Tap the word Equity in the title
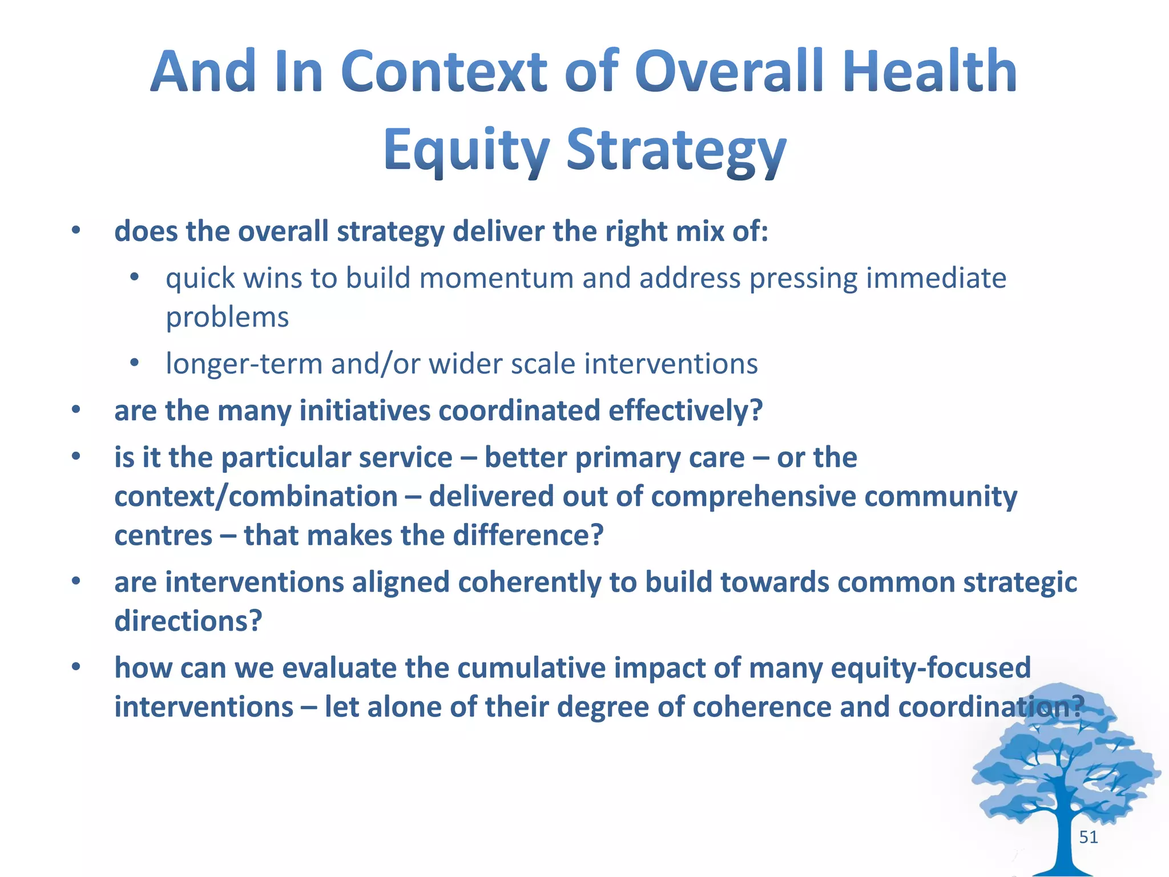coord(466,150)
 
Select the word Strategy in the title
coord(676,150)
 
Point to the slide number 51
coord(1089,837)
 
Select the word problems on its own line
coord(227,317)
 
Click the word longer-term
coord(244,364)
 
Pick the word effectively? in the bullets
coord(685,411)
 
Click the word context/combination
coord(256,496)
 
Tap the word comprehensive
coord(753,496)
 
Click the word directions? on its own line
coord(188,621)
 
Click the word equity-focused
coord(930,668)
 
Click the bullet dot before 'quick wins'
coord(135,278)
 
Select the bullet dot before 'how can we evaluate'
coord(76,667)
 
